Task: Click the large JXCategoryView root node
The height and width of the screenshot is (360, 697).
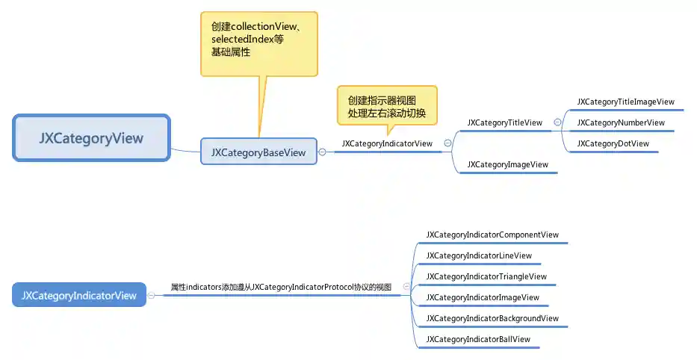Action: click(x=91, y=138)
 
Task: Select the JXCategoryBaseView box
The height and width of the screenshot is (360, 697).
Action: click(x=258, y=152)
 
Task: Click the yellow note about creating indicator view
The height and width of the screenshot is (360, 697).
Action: click(x=386, y=107)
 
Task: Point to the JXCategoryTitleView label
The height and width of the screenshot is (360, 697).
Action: click(x=504, y=122)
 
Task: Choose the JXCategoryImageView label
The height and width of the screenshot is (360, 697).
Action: click(x=507, y=164)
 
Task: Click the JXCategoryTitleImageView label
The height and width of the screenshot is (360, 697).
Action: click(x=625, y=102)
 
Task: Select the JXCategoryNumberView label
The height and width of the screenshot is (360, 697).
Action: click(x=620, y=122)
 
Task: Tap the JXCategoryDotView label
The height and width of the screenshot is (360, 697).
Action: click(x=613, y=143)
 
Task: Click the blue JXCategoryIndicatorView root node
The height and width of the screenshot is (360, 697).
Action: click(x=79, y=296)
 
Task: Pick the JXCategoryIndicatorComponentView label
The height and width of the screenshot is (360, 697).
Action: click(x=492, y=235)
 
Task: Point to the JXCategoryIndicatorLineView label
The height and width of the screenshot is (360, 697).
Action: click(x=479, y=255)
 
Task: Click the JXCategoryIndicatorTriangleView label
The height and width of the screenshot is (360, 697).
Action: click(x=486, y=276)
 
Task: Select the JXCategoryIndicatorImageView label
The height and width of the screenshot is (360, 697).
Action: click(x=483, y=297)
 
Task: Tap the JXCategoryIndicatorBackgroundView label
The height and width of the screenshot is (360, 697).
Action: click(x=492, y=318)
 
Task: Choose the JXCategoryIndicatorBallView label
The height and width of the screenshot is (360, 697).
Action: click(x=478, y=339)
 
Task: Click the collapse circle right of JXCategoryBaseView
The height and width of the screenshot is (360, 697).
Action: click(x=322, y=152)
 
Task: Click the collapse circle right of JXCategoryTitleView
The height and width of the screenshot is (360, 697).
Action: click(x=557, y=122)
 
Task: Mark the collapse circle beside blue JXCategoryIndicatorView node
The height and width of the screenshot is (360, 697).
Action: click(x=152, y=296)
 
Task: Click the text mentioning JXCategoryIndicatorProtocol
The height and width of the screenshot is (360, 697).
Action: click(x=281, y=287)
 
